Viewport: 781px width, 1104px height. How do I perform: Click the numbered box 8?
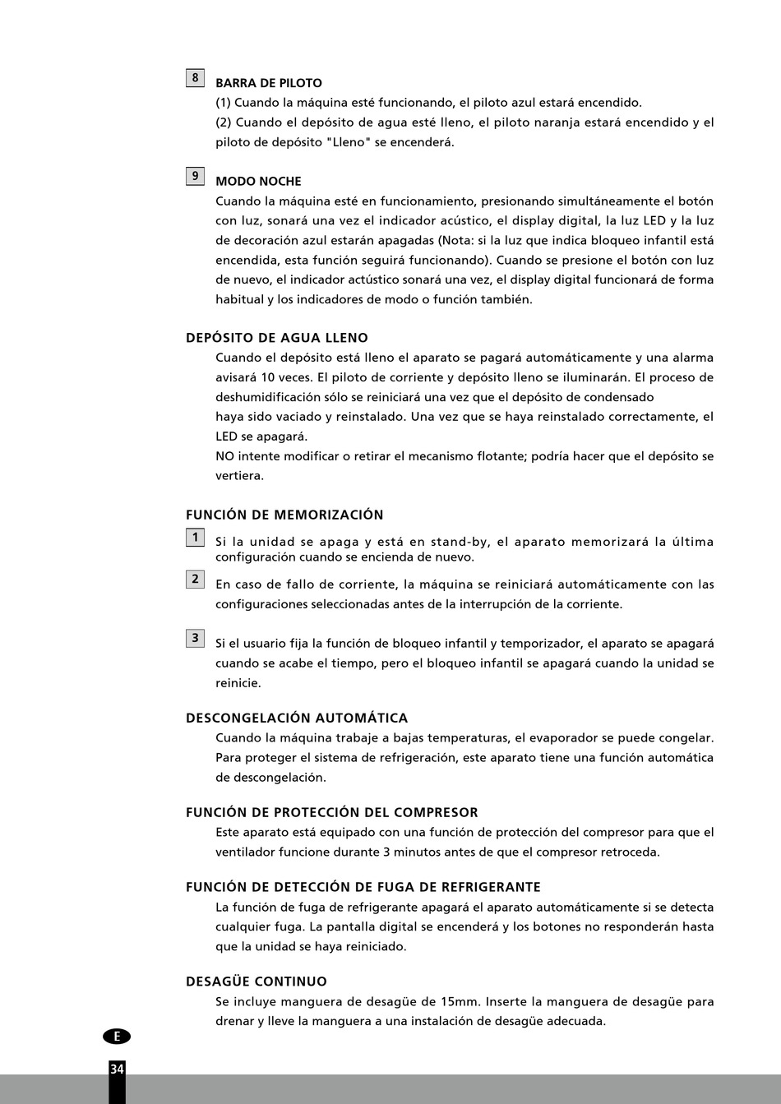[x=195, y=78]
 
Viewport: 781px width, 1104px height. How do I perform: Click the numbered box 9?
[x=195, y=176]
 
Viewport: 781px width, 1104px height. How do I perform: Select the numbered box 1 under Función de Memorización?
[x=195, y=538]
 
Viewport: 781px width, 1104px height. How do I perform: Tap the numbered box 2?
[x=195, y=579]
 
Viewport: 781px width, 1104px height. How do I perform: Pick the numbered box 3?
[x=195, y=638]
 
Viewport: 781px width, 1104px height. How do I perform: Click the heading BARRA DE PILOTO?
[x=269, y=83]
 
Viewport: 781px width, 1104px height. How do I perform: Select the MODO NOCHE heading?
[x=258, y=182]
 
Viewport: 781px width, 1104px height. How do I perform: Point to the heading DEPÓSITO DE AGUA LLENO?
[x=277, y=338]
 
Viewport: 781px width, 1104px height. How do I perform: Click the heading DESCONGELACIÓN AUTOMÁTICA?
[x=297, y=718]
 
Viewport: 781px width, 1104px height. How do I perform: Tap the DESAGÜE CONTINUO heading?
[x=256, y=982]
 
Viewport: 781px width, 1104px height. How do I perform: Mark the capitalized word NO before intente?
[x=224, y=456]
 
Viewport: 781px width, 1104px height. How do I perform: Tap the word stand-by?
[x=460, y=542]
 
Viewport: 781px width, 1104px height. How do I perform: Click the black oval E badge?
[x=117, y=1037]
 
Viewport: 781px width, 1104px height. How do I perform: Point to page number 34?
[x=117, y=1069]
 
